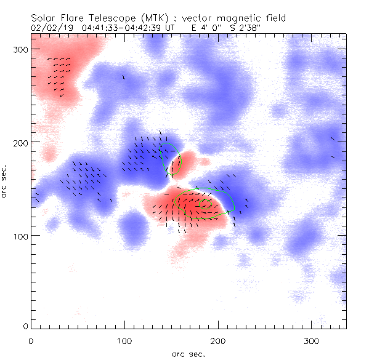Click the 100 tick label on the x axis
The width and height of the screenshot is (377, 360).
124,340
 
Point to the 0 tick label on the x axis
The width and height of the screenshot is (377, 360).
31,340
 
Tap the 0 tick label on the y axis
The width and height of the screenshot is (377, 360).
25,326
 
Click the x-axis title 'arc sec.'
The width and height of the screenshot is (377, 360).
188,354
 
